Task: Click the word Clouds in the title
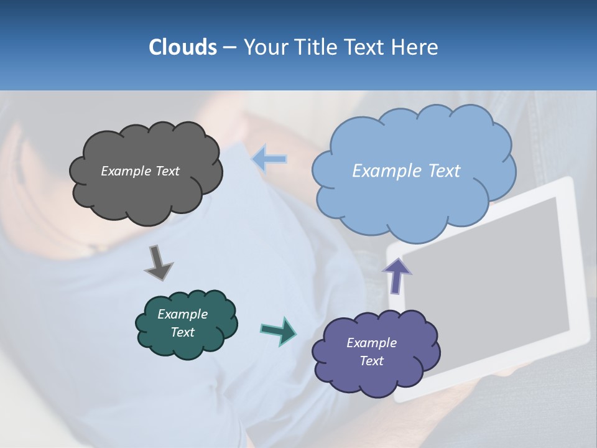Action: (182, 47)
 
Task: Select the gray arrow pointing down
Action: (158, 263)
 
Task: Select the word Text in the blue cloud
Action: (444, 171)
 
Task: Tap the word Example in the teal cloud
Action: (183, 314)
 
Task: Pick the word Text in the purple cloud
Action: (371, 361)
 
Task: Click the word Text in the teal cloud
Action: (183, 332)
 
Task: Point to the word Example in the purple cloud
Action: (371, 343)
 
